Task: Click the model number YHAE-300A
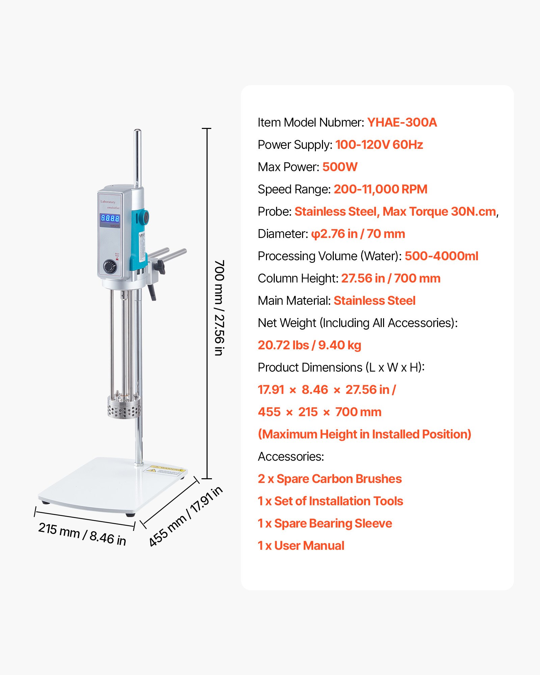[402, 123]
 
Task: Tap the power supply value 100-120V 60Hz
[379, 145]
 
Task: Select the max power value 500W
[340, 167]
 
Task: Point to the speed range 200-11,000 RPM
[380, 189]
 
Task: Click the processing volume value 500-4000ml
[441, 256]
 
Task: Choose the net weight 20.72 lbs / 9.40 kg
[309, 345]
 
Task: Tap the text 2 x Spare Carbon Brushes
[330, 479]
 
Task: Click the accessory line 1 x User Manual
[301, 546]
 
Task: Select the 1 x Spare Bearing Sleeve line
[325, 523]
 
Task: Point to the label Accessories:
[291, 457]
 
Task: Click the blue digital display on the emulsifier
[110, 218]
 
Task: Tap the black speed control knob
[110, 267]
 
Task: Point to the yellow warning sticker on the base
[165, 470]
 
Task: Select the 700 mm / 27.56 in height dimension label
[219, 307]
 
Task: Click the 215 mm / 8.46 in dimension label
[82, 534]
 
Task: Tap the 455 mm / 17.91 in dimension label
[186, 516]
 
